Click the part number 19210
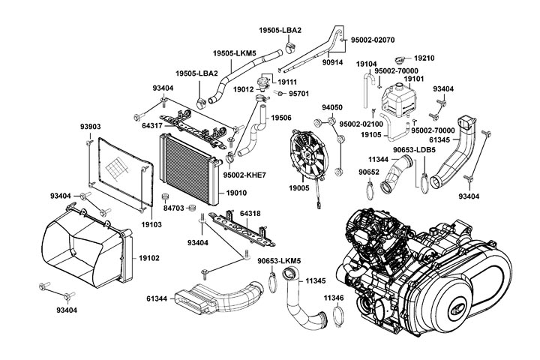(424, 57)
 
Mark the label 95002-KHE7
(245, 175)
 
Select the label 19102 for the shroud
(148, 258)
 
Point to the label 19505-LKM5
(234, 54)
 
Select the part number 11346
(334, 298)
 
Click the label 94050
(332, 107)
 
